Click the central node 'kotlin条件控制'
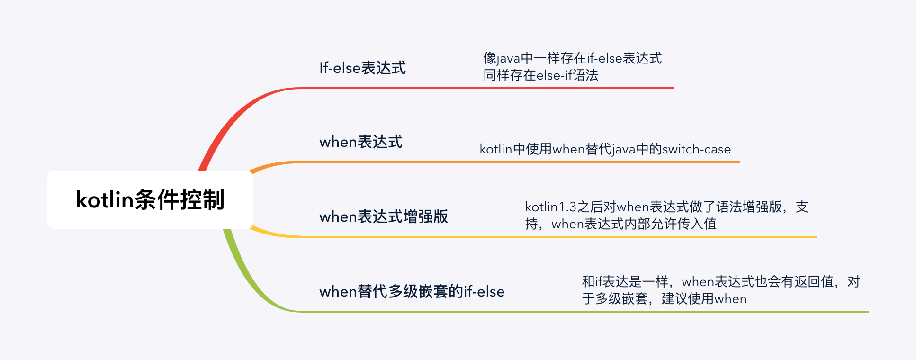point(150,200)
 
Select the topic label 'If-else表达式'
point(362,68)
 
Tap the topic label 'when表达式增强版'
point(384,216)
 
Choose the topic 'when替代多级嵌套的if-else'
point(412,291)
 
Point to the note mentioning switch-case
point(605,149)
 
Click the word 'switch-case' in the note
point(696,149)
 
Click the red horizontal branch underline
point(474,88)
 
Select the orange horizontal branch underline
point(474,162)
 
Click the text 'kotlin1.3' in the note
point(550,207)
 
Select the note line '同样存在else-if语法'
point(540,75)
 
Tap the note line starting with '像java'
point(572,58)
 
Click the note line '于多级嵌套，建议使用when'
point(664,299)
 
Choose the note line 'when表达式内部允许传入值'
point(634,224)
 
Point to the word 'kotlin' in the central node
point(104,200)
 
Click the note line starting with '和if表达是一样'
point(720,282)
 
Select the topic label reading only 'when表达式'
point(361,142)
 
